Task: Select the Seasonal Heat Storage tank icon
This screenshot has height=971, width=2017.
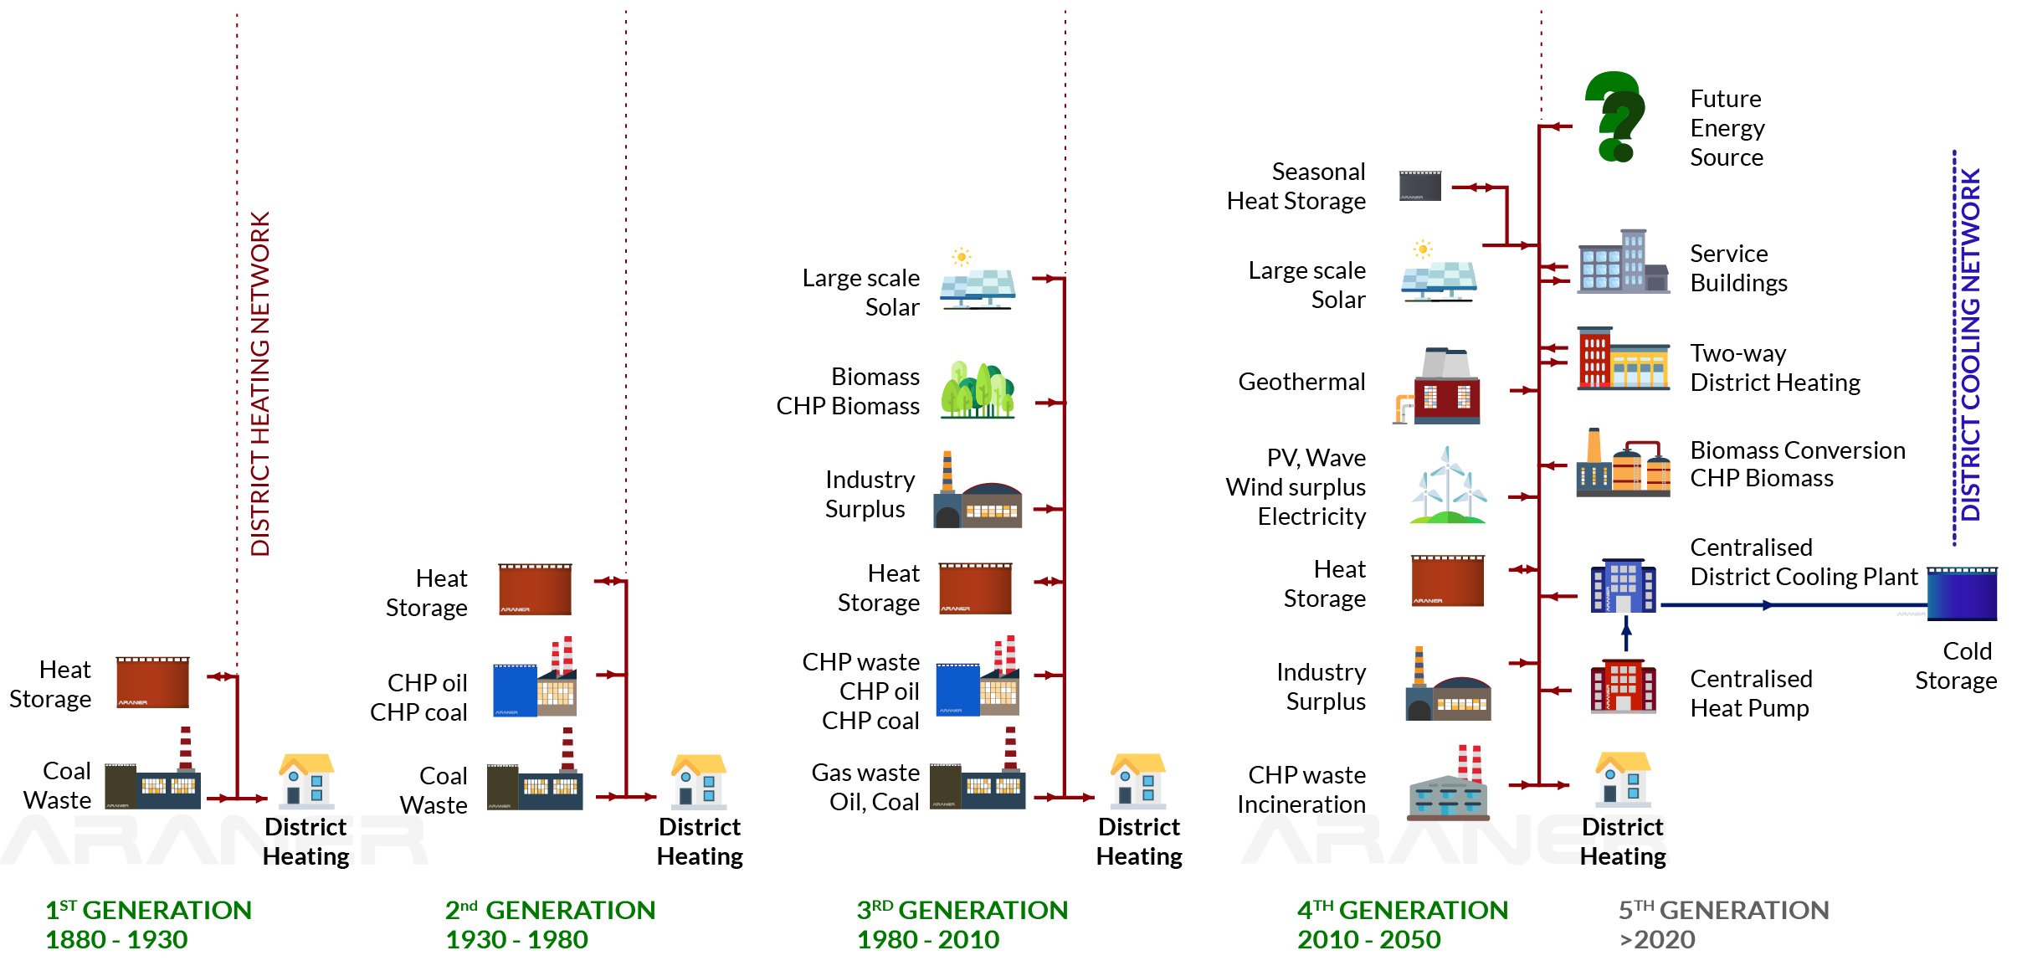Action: point(1420,186)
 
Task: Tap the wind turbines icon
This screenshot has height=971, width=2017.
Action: point(1448,486)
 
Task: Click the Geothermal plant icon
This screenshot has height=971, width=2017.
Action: point(1440,386)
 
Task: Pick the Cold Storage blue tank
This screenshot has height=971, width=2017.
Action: point(1962,593)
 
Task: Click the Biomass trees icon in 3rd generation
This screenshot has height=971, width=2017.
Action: point(977,390)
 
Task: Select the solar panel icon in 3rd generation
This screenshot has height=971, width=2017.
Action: point(977,281)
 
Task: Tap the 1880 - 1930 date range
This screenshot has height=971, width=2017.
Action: point(116,939)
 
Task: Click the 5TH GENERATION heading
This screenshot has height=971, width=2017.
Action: point(1723,910)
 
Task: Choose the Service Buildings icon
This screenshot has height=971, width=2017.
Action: point(1622,262)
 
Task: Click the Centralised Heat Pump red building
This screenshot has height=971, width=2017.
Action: point(1622,686)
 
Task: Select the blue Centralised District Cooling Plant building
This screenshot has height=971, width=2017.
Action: point(1623,586)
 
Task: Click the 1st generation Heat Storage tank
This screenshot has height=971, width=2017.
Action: point(152,682)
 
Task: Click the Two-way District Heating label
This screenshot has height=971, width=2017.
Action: point(1774,368)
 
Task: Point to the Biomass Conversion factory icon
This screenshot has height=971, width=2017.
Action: point(1622,464)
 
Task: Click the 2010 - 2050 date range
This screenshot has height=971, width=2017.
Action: point(1368,939)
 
